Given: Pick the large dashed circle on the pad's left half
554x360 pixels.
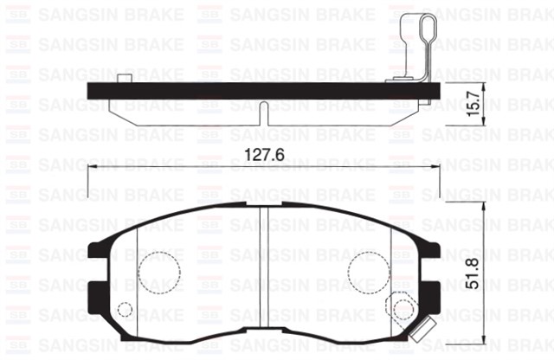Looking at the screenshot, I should (x=159, y=273).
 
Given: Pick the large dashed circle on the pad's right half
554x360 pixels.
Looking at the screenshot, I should (x=370, y=273).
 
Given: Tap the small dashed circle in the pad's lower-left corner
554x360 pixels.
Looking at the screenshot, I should (x=126, y=310).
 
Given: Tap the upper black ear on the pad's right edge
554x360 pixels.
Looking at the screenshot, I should (x=434, y=250).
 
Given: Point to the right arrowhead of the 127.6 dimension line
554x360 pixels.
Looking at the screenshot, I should (x=437, y=170).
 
